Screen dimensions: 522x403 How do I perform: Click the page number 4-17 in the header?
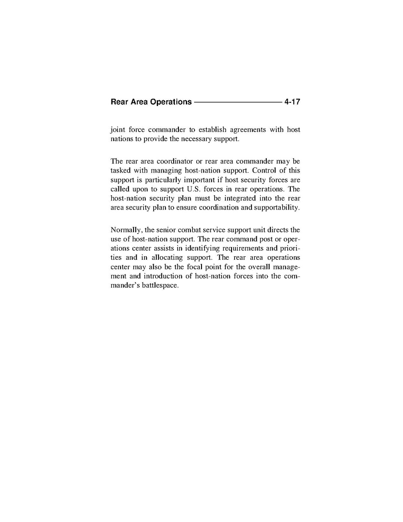click(292, 102)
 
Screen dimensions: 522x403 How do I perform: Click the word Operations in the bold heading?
click(171, 102)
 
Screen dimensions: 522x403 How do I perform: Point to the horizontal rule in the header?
click(238, 102)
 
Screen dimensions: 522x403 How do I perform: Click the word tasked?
click(121, 171)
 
